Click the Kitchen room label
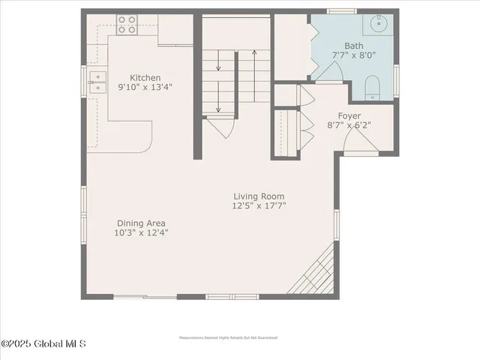(x=144, y=77)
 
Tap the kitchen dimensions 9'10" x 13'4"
(x=144, y=86)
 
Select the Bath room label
(x=353, y=46)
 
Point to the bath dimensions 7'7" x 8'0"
(x=353, y=55)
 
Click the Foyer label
(x=349, y=116)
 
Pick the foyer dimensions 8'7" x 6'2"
(x=349, y=125)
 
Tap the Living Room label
(x=259, y=196)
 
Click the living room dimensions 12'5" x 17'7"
(x=259, y=205)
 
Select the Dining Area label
(x=141, y=223)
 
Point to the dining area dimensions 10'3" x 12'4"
(x=141, y=232)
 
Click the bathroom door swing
(x=330, y=72)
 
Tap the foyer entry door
(x=361, y=140)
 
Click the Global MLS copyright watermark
(x=43, y=344)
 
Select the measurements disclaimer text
(x=229, y=337)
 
